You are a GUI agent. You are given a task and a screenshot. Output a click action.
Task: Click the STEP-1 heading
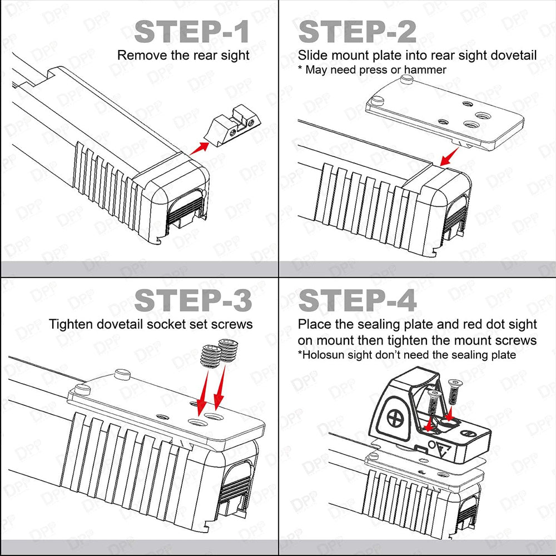[x=192, y=32]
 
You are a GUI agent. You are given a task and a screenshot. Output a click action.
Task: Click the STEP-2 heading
[x=357, y=32]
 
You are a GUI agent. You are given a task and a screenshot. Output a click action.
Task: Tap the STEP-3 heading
[x=193, y=301]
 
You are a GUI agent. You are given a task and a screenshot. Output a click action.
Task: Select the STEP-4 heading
[x=357, y=301]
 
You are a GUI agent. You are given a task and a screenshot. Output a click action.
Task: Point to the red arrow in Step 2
[x=447, y=159]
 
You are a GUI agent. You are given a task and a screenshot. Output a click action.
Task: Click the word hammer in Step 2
[x=426, y=69]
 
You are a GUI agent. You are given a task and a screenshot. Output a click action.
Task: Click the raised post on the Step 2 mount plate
[x=377, y=100]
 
